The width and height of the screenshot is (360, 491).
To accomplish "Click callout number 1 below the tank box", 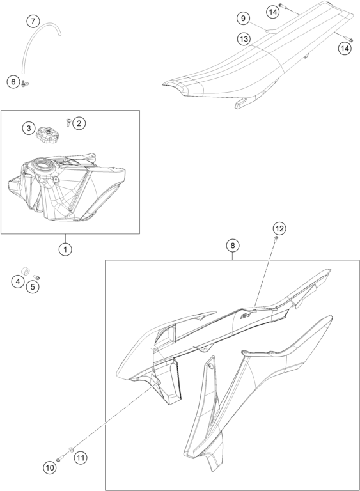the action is tap(65, 249).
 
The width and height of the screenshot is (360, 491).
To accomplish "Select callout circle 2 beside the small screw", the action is tap(79, 123).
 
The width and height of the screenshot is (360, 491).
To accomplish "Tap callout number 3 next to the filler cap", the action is tap(29, 128).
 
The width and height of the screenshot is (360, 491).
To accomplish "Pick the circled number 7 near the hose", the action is tap(33, 22).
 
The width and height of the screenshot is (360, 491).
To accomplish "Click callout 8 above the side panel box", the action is tap(233, 245).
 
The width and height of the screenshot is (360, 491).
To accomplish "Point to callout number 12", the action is tap(279, 229).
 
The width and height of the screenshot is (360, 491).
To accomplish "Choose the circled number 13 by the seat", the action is tap(244, 39).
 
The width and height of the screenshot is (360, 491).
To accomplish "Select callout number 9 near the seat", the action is tap(243, 19).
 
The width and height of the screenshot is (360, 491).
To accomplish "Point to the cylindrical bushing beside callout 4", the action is tap(25, 270).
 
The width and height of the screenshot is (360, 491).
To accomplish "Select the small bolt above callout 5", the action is tap(36, 277).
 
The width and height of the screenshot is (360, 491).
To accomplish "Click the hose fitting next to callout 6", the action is tap(25, 82).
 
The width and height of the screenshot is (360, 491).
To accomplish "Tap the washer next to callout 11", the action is tap(72, 450).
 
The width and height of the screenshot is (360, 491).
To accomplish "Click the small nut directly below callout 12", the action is tap(276, 238).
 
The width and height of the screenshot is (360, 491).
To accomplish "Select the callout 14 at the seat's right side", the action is tap(345, 49).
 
